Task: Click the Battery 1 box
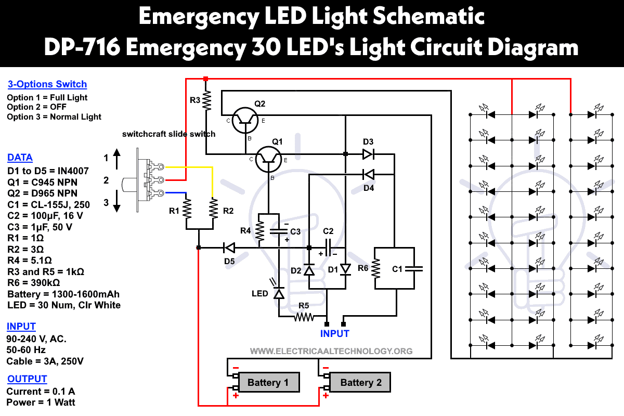[268, 383]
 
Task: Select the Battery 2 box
[361, 383]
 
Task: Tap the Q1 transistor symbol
[268, 159]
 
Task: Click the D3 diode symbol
[368, 154]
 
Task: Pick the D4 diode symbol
[368, 174]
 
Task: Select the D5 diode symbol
[229, 248]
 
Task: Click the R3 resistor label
[194, 100]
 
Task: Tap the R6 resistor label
[362, 269]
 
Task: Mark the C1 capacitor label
[398, 269]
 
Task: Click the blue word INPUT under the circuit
[335, 333]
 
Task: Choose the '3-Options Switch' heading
[47, 84]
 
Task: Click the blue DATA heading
[20, 158]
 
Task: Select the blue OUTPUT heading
[27, 379]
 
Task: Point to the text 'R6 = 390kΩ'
[34, 283]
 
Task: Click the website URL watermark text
[331, 351]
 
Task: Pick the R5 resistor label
[304, 306]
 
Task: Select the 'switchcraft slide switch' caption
[168, 134]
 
